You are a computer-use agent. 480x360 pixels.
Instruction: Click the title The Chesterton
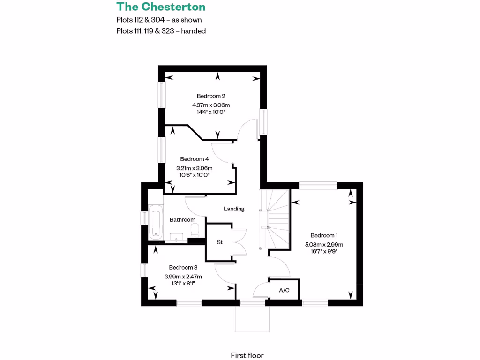click(x=161, y=7)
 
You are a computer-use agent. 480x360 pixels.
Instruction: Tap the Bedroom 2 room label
click(x=208, y=96)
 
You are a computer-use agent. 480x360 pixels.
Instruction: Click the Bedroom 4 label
click(x=195, y=159)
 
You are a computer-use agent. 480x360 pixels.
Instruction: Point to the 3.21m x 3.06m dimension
click(x=194, y=168)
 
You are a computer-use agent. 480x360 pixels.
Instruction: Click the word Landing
click(x=234, y=209)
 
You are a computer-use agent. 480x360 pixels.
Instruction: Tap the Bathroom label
click(x=182, y=219)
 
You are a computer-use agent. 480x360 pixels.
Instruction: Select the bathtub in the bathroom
click(x=155, y=223)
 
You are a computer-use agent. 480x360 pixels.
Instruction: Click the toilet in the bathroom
click(x=195, y=229)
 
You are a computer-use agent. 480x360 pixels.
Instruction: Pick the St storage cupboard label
click(x=219, y=242)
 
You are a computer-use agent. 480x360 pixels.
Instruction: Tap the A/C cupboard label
click(x=284, y=291)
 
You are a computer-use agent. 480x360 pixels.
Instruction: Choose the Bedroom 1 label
click(x=324, y=235)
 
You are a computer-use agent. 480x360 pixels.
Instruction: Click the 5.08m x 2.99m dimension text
click(x=324, y=244)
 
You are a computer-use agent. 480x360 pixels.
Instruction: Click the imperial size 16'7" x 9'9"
click(x=324, y=251)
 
